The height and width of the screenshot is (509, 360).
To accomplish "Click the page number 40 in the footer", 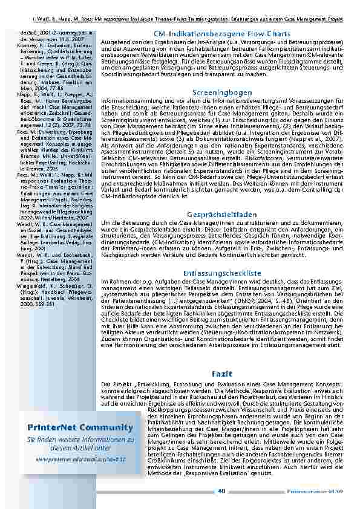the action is tap(221, 491).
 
